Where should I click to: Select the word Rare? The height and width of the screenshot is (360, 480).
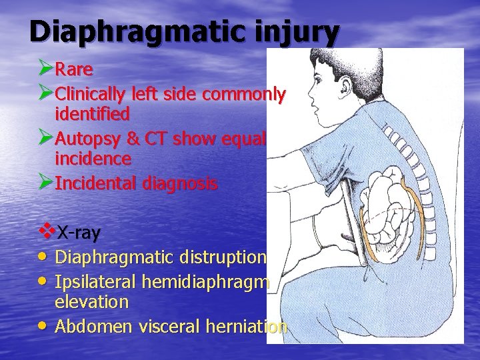[x=73, y=69]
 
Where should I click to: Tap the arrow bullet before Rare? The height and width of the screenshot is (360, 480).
[x=45, y=68]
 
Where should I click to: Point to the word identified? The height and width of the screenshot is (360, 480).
[x=92, y=114]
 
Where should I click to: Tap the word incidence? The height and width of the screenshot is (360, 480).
[x=93, y=159]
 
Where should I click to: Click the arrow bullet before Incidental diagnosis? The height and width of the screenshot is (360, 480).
[x=45, y=183]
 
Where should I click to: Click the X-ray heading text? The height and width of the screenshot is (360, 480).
[x=78, y=233]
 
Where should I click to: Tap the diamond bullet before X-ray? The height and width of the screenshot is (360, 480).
[x=47, y=232]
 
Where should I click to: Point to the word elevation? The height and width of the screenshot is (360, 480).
[x=92, y=302]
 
